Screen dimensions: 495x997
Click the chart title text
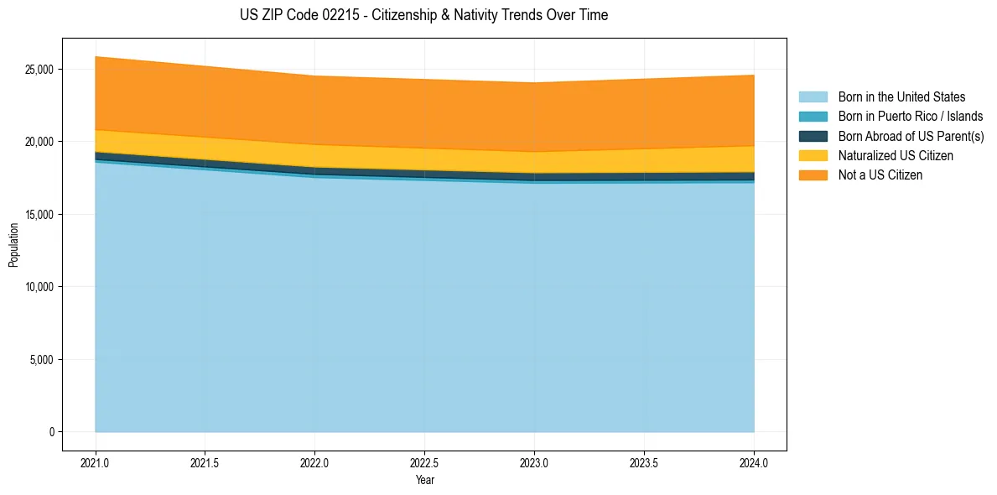click(x=423, y=15)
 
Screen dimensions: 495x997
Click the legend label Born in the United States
click(x=901, y=97)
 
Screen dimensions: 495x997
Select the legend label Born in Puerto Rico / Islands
click(x=910, y=117)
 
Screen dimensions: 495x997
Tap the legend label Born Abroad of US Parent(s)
click(x=911, y=136)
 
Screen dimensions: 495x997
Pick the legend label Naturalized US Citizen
click(x=896, y=156)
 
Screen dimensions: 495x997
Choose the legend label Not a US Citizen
click(x=880, y=175)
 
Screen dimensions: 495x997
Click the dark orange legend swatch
click(x=813, y=175)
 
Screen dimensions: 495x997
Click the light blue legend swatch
click(x=813, y=97)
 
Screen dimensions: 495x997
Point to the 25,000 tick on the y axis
click(x=40, y=70)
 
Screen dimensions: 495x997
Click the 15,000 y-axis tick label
click(x=40, y=215)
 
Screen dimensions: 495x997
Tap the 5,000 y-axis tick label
click(x=43, y=360)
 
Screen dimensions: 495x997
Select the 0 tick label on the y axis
click(x=51, y=432)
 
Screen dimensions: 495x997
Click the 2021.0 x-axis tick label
click(x=95, y=462)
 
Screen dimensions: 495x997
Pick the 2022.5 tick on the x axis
click(x=424, y=462)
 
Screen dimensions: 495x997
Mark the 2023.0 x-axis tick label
click(x=534, y=462)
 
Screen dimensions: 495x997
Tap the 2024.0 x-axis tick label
click(x=754, y=462)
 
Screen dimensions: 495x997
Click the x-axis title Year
click(x=424, y=480)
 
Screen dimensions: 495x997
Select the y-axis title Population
click(x=13, y=245)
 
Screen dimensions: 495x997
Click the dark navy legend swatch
click(x=813, y=136)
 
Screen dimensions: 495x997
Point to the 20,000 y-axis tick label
click(x=40, y=142)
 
